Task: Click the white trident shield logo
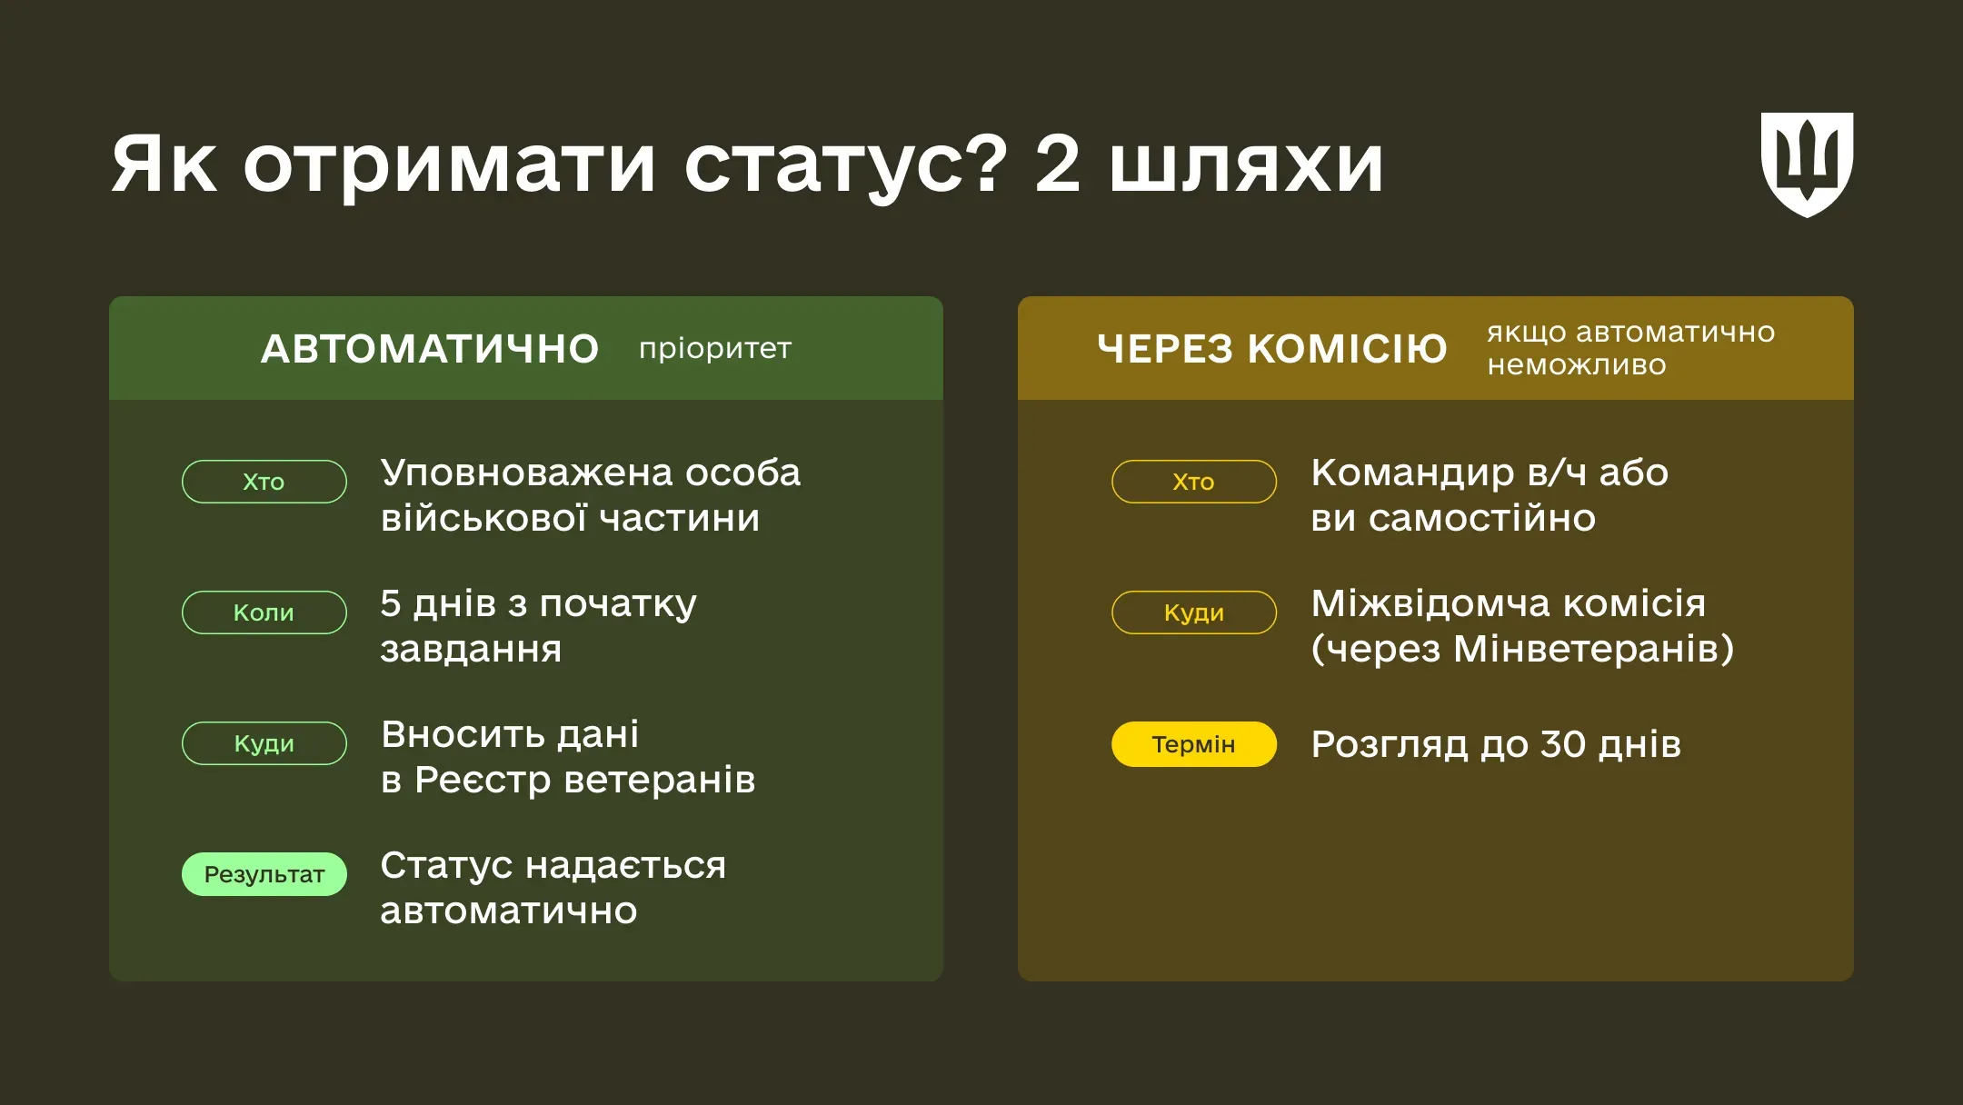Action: tap(1807, 164)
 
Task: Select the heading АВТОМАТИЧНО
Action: tap(430, 349)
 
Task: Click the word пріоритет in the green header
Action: tap(715, 348)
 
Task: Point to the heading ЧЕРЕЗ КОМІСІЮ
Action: tap(1271, 349)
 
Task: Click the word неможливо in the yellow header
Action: tap(1577, 365)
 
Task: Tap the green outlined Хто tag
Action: tap(264, 482)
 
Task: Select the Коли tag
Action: tap(264, 612)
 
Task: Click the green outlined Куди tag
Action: tap(264, 743)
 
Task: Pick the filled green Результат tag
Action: tap(264, 874)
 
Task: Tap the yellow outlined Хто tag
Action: tap(1193, 482)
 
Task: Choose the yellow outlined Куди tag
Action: tap(1193, 612)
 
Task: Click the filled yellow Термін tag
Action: tap(1193, 744)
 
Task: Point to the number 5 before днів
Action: tap(391, 603)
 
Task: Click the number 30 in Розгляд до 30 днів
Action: tap(1562, 744)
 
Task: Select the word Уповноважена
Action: tap(526, 473)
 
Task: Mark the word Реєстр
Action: tap(482, 780)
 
